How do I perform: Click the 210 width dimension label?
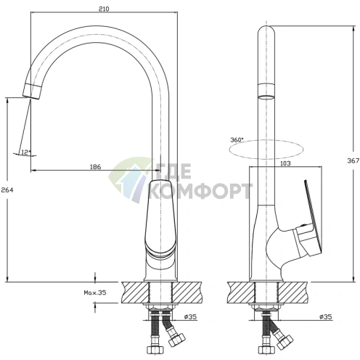click(104, 9)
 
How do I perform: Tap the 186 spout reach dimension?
click(95, 167)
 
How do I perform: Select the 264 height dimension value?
click(7, 190)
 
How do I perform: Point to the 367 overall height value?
click(353, 160)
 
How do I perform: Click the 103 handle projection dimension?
click(285, 163)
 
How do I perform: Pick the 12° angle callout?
click(26, 152)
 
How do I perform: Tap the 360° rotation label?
click(237, 140)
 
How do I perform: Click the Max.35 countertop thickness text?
click(95, 292)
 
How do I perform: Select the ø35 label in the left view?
click(190, 316)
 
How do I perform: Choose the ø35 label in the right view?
click(326, 316)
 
